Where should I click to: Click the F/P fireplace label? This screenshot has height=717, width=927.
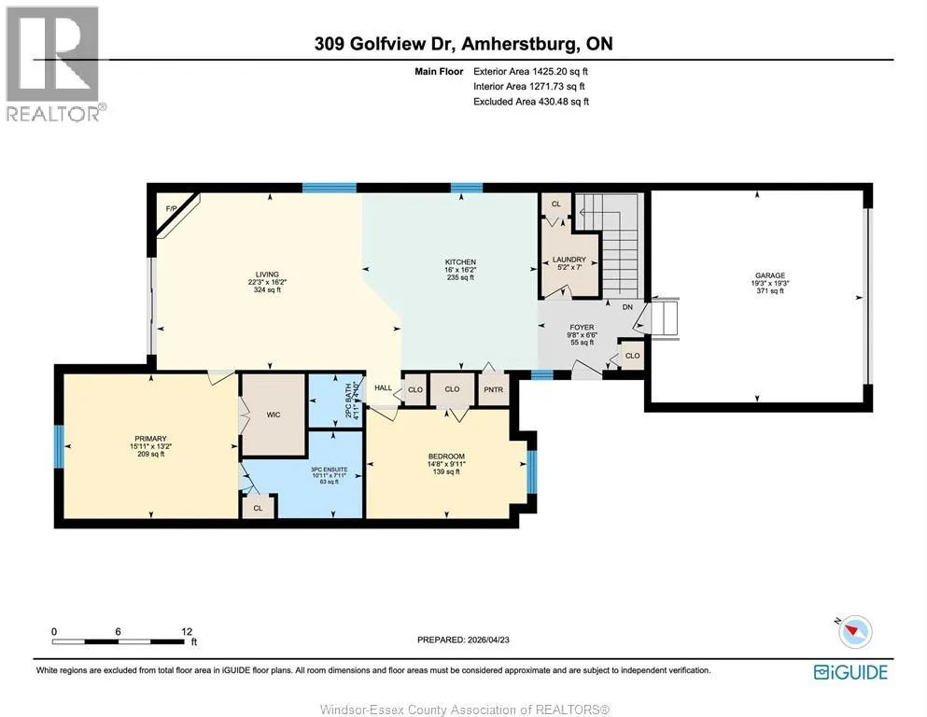[171, 208]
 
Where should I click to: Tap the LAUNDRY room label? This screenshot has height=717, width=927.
[569, 260]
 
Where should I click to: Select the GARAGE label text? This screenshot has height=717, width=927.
[770, 275]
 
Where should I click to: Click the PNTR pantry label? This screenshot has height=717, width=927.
[494, 389]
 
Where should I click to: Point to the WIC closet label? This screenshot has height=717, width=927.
[274, 415]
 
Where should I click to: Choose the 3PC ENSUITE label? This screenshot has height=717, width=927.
[330, 470]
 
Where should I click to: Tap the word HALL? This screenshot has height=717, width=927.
[383, 387]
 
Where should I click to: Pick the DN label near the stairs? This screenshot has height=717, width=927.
[627, 307]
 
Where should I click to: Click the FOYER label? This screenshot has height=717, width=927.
[582, 328]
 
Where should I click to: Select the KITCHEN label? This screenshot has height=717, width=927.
[460, 261]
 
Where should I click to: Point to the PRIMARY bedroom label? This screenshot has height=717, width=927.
[150, 439]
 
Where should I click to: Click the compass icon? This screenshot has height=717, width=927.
[854, 631]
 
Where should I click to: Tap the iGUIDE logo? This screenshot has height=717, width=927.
[850, 673]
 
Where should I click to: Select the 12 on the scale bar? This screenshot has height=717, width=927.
[187, 632]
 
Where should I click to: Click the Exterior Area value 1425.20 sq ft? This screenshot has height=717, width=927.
[560, 72]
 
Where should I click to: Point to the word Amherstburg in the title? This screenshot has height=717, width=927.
[520, 44]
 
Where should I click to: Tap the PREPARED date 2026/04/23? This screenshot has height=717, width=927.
[488, 640]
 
